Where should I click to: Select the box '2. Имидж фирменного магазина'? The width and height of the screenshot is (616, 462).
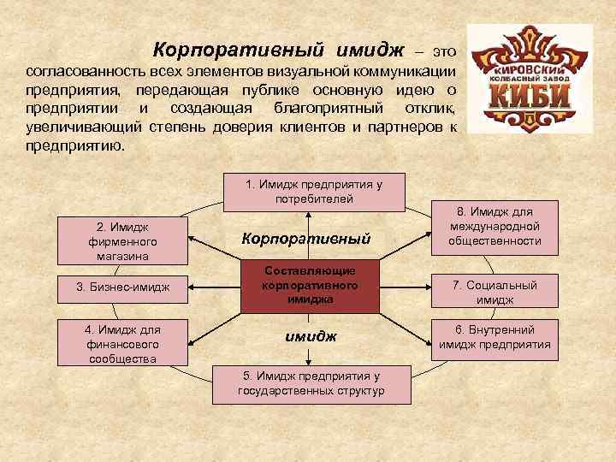(x=122, y=240)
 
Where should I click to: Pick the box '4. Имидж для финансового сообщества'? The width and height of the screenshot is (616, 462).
(x=122, y=342)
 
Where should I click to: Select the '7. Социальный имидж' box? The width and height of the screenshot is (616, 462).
(x=495, y=293)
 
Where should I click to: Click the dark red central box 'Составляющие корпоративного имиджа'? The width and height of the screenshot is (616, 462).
(x=310, y=285)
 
